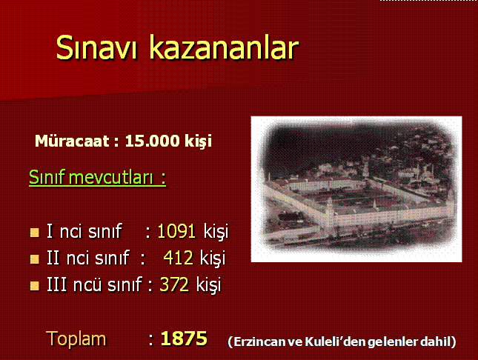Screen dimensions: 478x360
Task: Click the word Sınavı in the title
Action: click(96, 47)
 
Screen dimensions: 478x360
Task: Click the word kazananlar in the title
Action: click(224, 47)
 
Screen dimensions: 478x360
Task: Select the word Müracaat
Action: click(72, 141)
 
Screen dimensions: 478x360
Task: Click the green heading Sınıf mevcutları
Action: click(97, 177)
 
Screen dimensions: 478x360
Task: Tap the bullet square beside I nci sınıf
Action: click(34, 233)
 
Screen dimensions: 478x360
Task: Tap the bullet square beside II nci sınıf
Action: click(34, 259)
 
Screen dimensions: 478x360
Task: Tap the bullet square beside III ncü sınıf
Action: click(34, 286)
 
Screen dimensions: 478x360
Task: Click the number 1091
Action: click(176, 231)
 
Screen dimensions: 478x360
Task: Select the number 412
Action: click(178, 258)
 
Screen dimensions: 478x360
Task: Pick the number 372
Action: click(174, 284)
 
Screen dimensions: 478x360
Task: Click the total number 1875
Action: click(184, 339)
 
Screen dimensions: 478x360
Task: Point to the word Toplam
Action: click(76, 339)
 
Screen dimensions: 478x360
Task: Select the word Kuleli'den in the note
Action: click(335, 341)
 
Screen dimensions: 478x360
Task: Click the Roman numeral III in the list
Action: click(56, 284)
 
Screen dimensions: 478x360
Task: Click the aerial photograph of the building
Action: click(356, 189)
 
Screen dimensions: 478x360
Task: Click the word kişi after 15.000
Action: click(198, 141)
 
